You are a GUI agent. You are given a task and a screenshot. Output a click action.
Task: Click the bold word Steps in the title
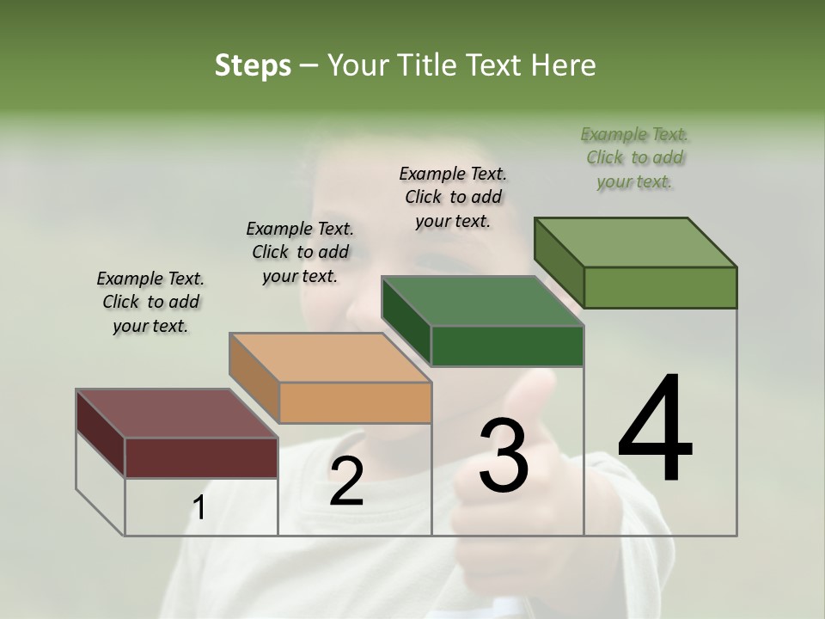coord(253,65)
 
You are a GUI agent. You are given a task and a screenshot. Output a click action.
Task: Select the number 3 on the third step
coord(504,456)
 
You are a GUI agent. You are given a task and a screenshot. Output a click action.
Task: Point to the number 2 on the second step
coord(346,481)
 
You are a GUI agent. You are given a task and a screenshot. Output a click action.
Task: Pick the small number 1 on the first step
coord(199,508)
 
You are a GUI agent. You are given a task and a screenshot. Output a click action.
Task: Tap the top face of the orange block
coord(330,358)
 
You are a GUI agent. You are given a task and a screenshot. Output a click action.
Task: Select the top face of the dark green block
coord(483,302)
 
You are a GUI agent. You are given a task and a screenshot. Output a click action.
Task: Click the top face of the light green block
coord(636,242)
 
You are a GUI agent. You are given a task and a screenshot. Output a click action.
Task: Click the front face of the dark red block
coord(201,457)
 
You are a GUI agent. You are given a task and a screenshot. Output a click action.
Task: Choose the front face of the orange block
coord(355,402)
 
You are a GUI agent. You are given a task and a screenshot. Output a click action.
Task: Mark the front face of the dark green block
coord(507,346)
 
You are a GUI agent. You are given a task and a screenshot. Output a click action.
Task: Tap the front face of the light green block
coord(660,287)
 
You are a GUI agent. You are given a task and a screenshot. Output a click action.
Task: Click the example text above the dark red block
coord(150,302)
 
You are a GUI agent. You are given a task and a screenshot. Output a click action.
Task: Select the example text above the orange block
coord(300,252)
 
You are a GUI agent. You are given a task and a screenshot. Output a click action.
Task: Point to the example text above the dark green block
coord(453,197)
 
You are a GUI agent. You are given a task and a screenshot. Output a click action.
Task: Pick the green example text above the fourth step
coord(634,157)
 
